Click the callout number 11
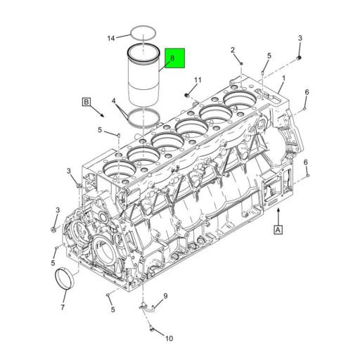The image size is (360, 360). click(198, 80)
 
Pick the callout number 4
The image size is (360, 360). click(115, 102)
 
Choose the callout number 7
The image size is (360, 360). click(62, 307)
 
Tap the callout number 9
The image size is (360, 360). click(165, 296)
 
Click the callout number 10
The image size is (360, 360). click(169, 338)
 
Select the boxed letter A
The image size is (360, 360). click(278, 229)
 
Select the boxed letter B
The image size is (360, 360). click(86, 103)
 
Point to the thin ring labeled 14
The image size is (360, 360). click(143, 32)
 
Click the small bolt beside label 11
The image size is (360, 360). click(187, 94)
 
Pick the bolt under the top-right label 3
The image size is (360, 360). click(300, 57)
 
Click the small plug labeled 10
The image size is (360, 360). click(151, 326)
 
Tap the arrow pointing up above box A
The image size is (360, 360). click(278, 212)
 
